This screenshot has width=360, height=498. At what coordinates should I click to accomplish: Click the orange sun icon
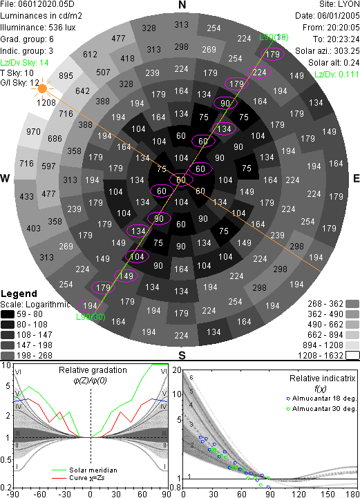point(42,88)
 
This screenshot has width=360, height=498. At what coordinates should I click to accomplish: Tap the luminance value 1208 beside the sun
point(46,103)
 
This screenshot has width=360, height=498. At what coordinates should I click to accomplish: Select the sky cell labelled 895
point(66,76)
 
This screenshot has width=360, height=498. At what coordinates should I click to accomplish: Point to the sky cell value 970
point(33,131)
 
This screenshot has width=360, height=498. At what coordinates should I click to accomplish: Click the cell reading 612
point(90,55)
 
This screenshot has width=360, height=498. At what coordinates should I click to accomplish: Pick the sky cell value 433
point(26,196)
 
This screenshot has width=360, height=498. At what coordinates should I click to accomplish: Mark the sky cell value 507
point(103,73)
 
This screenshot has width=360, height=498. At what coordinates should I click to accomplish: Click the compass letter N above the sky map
point(182,5)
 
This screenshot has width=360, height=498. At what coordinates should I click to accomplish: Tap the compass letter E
point(356,178)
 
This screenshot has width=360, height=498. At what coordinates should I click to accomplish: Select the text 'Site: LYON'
point(339,4)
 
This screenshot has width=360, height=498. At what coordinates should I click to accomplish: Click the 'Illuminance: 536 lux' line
point(38,28)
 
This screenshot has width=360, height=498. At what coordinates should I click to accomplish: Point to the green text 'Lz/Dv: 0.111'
point(337,75)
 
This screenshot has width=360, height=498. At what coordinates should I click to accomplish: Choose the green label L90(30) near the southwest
point(91,316)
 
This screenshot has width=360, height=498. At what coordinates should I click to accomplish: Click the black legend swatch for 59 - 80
point(8,314)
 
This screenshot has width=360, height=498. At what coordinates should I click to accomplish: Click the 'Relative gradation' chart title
point(93,370)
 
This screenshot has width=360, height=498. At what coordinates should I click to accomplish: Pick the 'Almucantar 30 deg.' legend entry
point(321,409)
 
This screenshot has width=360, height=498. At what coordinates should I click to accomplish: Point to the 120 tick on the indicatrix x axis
point(299,494)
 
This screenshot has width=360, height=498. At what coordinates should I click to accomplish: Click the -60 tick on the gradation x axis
point(39,494)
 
